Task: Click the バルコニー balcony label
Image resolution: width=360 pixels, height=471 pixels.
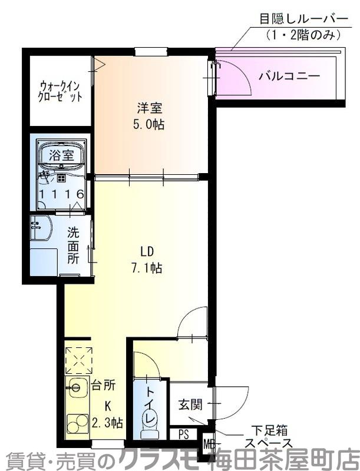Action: coord(289,76)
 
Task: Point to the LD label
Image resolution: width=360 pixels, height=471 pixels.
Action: coord(147,252)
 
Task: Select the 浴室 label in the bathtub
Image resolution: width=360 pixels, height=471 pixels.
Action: coord(61,155)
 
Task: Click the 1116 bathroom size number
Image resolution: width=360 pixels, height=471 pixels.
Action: coord(61,193)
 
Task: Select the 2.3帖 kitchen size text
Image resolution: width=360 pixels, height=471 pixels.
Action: coord(107,422)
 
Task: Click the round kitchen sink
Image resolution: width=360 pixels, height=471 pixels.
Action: coord(75,387)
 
